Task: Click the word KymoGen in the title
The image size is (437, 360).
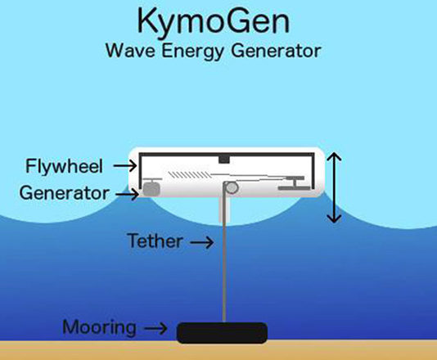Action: [x=218, y=21]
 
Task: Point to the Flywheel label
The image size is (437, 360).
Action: [x=63, y=166]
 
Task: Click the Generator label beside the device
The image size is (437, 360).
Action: [x=63, y=194]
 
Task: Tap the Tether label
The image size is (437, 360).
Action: [x=154, y=241]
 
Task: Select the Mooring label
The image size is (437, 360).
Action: [x=99, y=328]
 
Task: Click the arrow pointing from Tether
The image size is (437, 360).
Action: [x=200, y=241]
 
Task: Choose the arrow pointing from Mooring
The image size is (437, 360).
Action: [x=155, y=329]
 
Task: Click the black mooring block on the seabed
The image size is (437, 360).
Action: [x=223, y=331]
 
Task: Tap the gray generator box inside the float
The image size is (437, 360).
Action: [x=151, y=187]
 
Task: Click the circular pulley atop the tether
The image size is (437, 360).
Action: [x=231, y=188]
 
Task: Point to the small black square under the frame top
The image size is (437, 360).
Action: [x=224, y=158]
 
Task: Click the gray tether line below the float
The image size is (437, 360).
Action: [x=223, y=262]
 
